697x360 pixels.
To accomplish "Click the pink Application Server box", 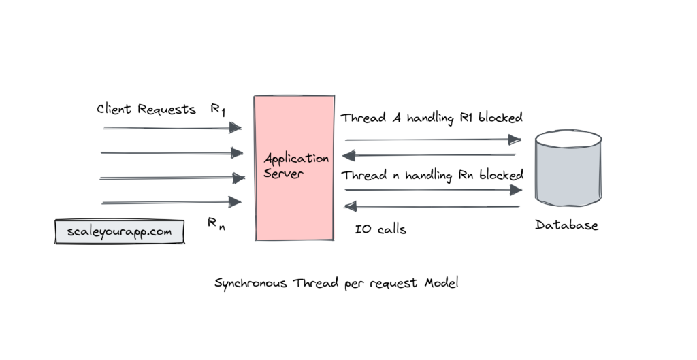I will [294, 204].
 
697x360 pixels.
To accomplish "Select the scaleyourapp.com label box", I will [120, 231].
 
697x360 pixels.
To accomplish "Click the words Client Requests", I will [146, 109].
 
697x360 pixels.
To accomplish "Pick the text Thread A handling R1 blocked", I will [432, 117].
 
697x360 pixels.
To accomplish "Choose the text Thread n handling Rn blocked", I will [432, 175].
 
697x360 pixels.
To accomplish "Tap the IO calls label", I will [380, 229].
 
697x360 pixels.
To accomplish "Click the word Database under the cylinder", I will [566, 225].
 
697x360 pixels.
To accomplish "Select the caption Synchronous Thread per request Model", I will [336, 282].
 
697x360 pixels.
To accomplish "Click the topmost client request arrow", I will [172, 127].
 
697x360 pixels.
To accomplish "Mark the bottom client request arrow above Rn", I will [172, 201].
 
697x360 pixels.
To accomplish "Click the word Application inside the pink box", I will [296, 159].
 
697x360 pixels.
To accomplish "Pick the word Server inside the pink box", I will [284, 174].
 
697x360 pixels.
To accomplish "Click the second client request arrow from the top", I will [172, 153].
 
